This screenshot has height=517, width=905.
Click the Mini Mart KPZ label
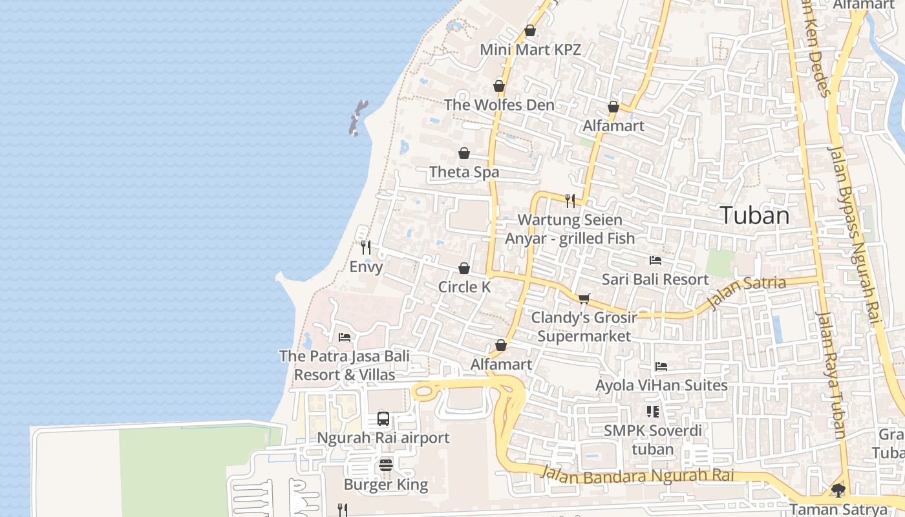[530, 50]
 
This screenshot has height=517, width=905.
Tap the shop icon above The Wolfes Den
[499, 86]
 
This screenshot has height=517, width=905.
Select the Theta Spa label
[464, 172]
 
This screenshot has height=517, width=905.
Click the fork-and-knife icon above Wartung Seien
[570, 200]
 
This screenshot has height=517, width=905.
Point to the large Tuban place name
[754, 215]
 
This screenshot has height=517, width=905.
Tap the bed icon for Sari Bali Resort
[655, 260]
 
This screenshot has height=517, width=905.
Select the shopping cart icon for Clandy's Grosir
[584, 299]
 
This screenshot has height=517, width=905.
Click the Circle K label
[464, 287]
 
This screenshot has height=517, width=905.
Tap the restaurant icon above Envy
[366, 248]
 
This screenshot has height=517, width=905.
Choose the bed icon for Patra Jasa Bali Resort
[345, 337]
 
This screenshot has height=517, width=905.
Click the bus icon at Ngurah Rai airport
[383, 419]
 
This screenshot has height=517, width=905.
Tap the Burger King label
[386, 485]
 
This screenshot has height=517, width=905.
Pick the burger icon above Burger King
[386, 465]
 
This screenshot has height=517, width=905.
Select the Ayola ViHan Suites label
[661, 386]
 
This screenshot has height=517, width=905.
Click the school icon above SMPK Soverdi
[652, 412]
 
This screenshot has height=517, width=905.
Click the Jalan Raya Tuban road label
[831, 375]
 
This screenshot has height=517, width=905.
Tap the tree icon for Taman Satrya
[838, 491]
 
